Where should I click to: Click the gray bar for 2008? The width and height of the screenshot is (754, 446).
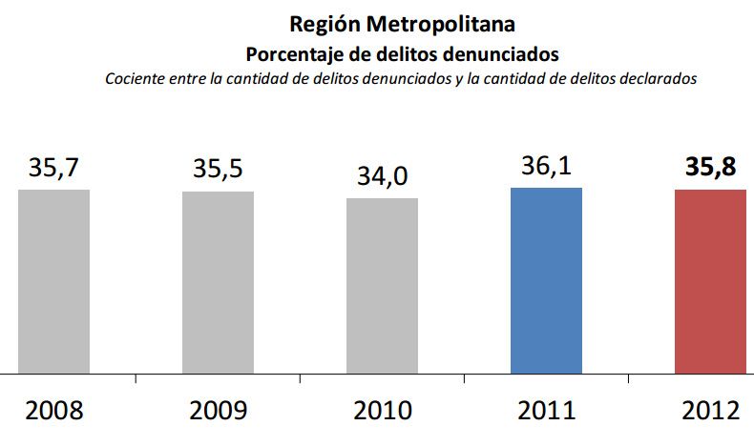[x=54, y=281]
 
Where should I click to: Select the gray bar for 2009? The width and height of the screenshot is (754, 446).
[x=219, y=282]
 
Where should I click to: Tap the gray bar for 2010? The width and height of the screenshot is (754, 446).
[x=382, y=286]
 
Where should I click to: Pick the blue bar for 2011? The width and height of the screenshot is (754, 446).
[x=546, y=280]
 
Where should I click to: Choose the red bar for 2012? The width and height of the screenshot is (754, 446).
[x=710, y=281]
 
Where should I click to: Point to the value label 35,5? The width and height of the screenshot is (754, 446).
[x=219, y=170]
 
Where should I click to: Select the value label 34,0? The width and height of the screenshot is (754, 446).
[x=382, y=177]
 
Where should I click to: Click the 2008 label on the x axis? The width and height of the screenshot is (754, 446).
[x=54, y=412]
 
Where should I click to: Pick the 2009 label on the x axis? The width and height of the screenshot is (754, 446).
[x=219, y=412]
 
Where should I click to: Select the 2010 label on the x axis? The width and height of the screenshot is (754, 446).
[x=382, y=412]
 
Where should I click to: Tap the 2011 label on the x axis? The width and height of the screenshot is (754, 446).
[x=546, y=412]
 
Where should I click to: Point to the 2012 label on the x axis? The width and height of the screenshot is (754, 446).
[x=710, y=412]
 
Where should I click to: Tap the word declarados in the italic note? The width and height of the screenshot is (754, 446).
[x=662, y=78]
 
